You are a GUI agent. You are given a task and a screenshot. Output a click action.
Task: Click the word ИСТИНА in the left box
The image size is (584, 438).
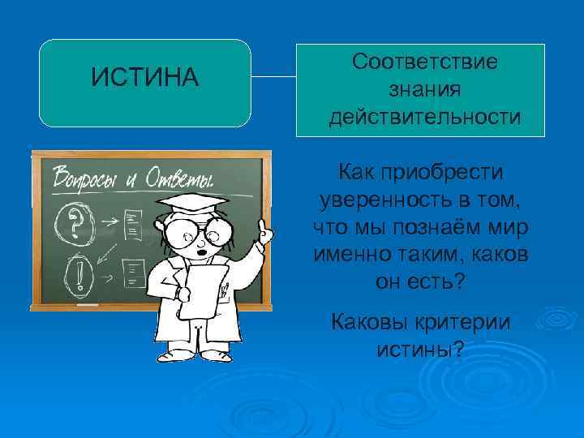(144, 78)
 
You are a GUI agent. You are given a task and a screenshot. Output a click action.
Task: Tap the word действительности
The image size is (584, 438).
(425, 118)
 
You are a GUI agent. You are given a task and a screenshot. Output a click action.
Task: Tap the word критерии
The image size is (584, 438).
(462, 321)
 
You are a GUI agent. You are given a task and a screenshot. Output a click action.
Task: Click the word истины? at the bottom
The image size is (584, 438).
(420, 350)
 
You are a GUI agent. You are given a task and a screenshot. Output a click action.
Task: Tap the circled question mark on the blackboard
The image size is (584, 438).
(75, 219)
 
